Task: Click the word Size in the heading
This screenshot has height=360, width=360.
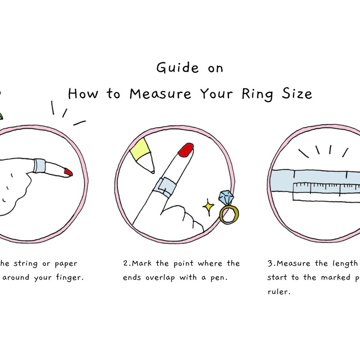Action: (297, 94)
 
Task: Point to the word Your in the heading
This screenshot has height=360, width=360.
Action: (218, 94)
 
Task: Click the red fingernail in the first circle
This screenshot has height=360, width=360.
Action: (68, 172)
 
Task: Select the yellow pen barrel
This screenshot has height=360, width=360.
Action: (140, 151)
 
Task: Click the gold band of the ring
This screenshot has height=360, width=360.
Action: (229, 214)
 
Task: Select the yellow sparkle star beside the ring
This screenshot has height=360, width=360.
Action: (208, 207)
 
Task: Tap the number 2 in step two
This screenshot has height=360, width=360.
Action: (125, 264)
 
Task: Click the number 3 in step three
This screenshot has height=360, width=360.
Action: (270, 264)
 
